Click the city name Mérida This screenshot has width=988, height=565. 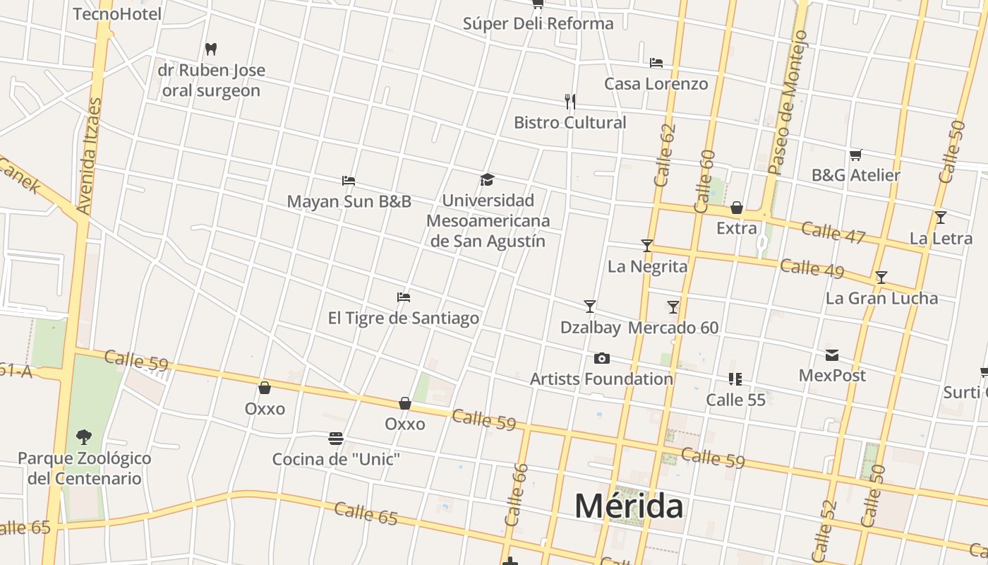629,506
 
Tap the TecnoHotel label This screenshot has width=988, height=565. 117,13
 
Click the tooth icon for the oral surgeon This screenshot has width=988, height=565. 210,49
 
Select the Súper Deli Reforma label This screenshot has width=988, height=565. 538,23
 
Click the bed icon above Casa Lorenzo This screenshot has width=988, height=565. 656,63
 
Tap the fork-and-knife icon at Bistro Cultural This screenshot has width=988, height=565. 570,101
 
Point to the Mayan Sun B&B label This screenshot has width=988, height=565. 349,201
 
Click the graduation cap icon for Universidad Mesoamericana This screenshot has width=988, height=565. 487,179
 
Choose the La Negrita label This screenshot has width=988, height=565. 647,266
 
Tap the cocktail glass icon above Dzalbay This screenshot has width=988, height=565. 590,307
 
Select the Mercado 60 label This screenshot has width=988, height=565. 673,328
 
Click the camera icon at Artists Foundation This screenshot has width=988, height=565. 601,359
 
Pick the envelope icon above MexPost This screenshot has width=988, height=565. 832,355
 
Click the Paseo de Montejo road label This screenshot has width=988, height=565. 787,102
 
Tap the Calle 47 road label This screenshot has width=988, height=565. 833,232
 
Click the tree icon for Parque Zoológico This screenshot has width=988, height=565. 84,437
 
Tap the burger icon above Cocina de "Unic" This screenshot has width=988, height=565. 336,439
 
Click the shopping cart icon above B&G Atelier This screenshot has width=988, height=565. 856,155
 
